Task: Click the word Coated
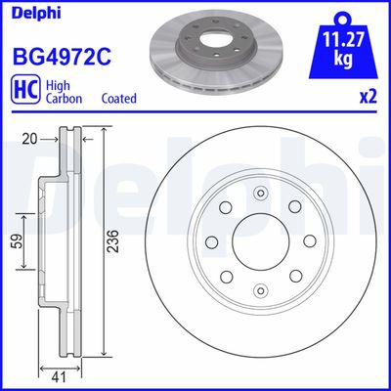click(x=119, y=99)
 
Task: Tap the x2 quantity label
click(x=370, y=98)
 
